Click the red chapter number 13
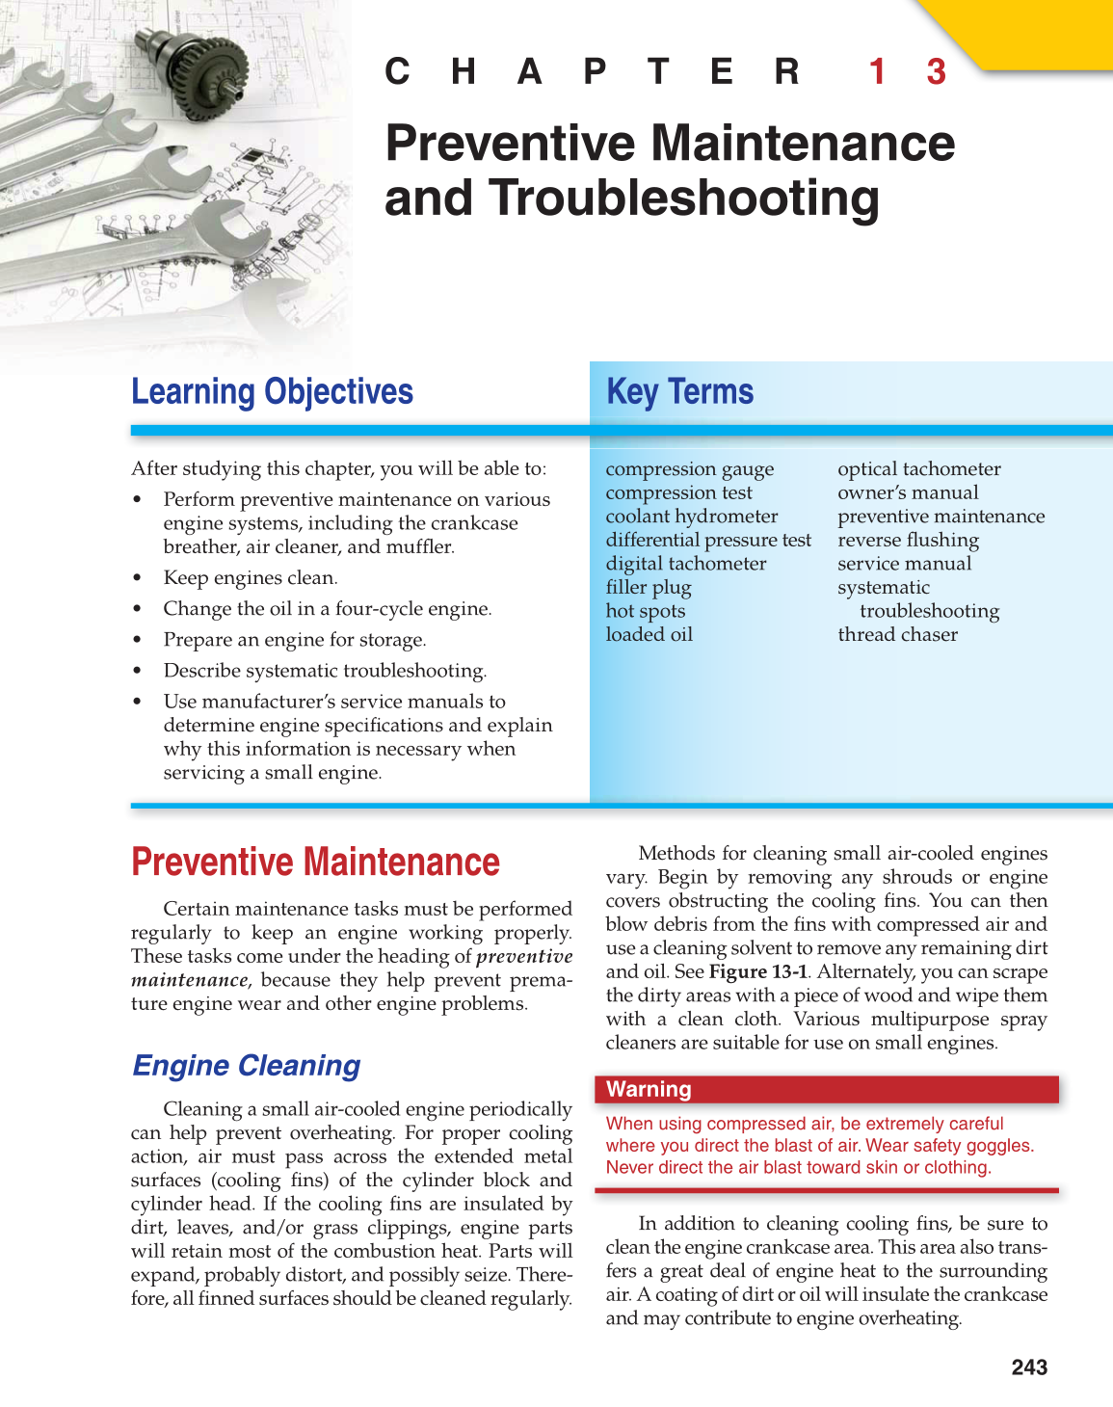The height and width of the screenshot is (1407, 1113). [x=907, y=72]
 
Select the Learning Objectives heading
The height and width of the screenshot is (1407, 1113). [x=272, y=392]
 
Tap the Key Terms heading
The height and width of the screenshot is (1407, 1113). [x=679, y=392]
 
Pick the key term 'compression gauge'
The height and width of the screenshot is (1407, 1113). [x=689, y=469]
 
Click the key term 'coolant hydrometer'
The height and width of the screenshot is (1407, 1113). [x=691, y=517]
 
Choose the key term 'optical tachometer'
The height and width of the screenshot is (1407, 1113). [x=918, y=469]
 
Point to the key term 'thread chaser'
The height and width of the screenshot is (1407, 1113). [x=897, y=635]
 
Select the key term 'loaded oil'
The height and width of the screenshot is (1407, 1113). [x=649, y=635]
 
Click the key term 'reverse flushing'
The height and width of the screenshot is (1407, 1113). [x=908, y=540]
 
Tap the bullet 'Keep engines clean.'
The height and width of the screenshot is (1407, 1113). [x=250, y=578]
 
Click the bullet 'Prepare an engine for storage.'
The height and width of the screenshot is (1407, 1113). [x=294, y=640]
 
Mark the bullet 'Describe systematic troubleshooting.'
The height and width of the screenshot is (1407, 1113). [x=325, y=671]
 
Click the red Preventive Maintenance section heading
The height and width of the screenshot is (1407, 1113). [x=315, y=863]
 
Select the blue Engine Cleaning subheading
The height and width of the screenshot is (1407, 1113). [x=246, y=1066]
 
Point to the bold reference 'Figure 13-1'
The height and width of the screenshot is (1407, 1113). [x=758, y=971]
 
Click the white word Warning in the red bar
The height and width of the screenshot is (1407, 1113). [x=649, y=1090]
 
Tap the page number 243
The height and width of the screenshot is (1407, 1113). [x=1029, y=1367]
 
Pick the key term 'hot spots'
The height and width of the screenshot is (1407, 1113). [x=645, y=611]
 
